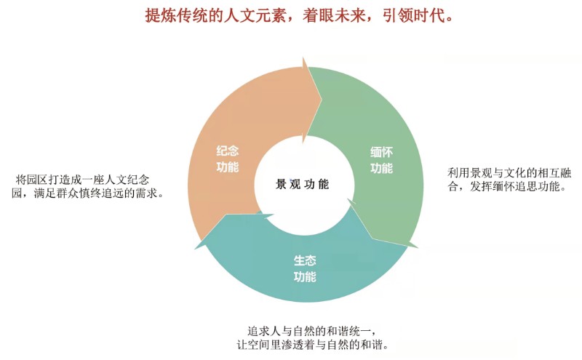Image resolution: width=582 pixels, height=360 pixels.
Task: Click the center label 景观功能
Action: point(302,184)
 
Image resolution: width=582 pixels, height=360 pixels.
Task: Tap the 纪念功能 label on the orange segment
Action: point(228,159)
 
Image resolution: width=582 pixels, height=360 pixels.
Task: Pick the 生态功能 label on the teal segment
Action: point(305,268)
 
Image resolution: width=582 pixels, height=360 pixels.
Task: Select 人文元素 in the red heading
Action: point(256,15)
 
